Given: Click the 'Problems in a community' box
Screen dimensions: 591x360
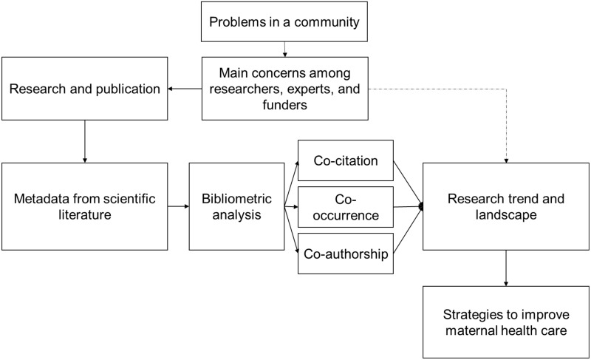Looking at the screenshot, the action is click(284, 21).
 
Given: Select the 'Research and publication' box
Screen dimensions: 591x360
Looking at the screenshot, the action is click(85, 89).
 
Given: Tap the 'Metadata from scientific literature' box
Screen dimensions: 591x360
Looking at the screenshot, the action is click(85, 206).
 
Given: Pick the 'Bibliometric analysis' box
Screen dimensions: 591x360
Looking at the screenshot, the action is click(236, 206).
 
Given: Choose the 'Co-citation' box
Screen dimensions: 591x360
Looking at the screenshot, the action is click(346, 160).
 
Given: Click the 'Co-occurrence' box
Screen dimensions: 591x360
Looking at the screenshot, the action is click(346, 207).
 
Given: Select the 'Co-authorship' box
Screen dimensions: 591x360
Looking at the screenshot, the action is click(346, 254).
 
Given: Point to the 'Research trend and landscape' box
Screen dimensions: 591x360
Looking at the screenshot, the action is click(506, 206).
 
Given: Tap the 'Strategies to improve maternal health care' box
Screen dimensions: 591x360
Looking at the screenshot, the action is click(506, 322).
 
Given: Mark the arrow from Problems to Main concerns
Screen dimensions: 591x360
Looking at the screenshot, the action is click(284, 50).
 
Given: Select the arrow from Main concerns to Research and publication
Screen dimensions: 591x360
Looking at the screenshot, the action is click(185, 89).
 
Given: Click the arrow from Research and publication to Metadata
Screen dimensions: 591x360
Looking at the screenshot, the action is click(85, 142).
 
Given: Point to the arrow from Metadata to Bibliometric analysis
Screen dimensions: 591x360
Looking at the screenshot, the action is click(178, 206).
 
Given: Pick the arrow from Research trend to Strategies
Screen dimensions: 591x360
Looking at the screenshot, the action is click(506, 268).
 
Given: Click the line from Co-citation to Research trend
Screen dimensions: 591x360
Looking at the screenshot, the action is click(408, 183).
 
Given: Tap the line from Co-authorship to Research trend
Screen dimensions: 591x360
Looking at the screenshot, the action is click(408, 230).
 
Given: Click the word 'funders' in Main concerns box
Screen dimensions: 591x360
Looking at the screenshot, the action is click(284, 104).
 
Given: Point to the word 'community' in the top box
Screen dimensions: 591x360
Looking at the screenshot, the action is click(327, 22).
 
